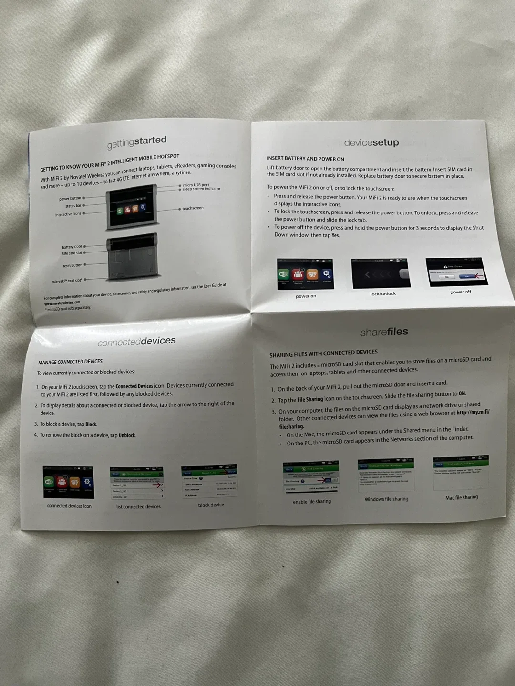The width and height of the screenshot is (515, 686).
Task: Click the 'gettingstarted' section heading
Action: (x=137, y=141)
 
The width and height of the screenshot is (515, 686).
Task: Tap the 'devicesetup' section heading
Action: (x=371, y=142)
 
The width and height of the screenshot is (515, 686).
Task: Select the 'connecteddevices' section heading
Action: (x=136, y=342)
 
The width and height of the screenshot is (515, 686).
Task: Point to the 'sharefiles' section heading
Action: (x=384, y=332)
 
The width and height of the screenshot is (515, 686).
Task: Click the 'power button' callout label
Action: (x=70, y=198)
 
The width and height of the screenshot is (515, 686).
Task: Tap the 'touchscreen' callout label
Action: (x=193, y=208)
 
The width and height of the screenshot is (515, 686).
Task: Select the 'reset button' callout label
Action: (x=72, y=265)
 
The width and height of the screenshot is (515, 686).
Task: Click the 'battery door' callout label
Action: (x=72, y=247)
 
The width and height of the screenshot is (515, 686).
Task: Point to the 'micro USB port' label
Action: (x=196, y=185)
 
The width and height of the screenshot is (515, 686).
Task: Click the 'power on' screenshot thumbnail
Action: (x=305, y=274)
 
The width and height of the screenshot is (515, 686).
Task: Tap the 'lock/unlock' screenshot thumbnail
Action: (x=381, y=273)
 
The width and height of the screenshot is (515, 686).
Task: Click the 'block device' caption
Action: (x=211, y=505)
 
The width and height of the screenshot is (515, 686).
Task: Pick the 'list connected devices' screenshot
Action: (x=137, y=484)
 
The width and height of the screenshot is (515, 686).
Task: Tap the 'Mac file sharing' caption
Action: (x=462, y=497)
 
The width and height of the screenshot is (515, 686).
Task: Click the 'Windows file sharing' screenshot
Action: (x=386, y=474)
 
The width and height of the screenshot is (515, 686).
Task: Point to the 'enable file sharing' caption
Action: (x=312, y=502)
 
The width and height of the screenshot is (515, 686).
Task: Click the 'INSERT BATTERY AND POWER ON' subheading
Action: (x=305, y=159)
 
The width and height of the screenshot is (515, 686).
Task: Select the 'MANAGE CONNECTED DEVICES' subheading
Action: (x=70, y=362)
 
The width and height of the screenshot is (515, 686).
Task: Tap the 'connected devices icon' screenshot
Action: (x=68, y=482)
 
